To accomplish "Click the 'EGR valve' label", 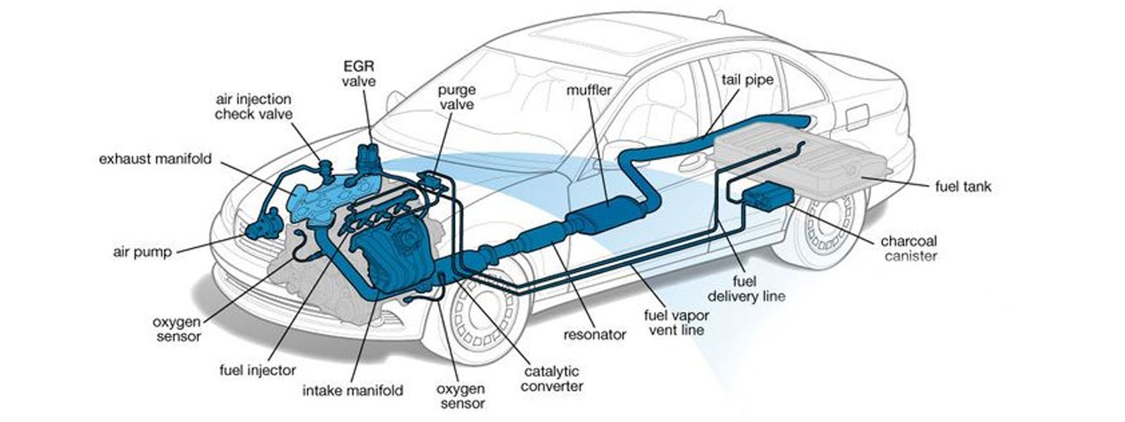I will [359, 73].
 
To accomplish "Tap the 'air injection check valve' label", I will [253, 107].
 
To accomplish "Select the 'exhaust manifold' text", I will [155, 159].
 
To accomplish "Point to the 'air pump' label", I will [142, 252].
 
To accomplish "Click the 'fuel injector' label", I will [257, 369].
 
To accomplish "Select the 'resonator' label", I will [594, 335].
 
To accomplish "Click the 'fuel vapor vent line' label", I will [676, 322].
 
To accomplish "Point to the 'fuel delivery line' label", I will [745, 288].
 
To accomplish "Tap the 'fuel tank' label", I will [963, 187].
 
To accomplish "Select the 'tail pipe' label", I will [747, 79].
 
